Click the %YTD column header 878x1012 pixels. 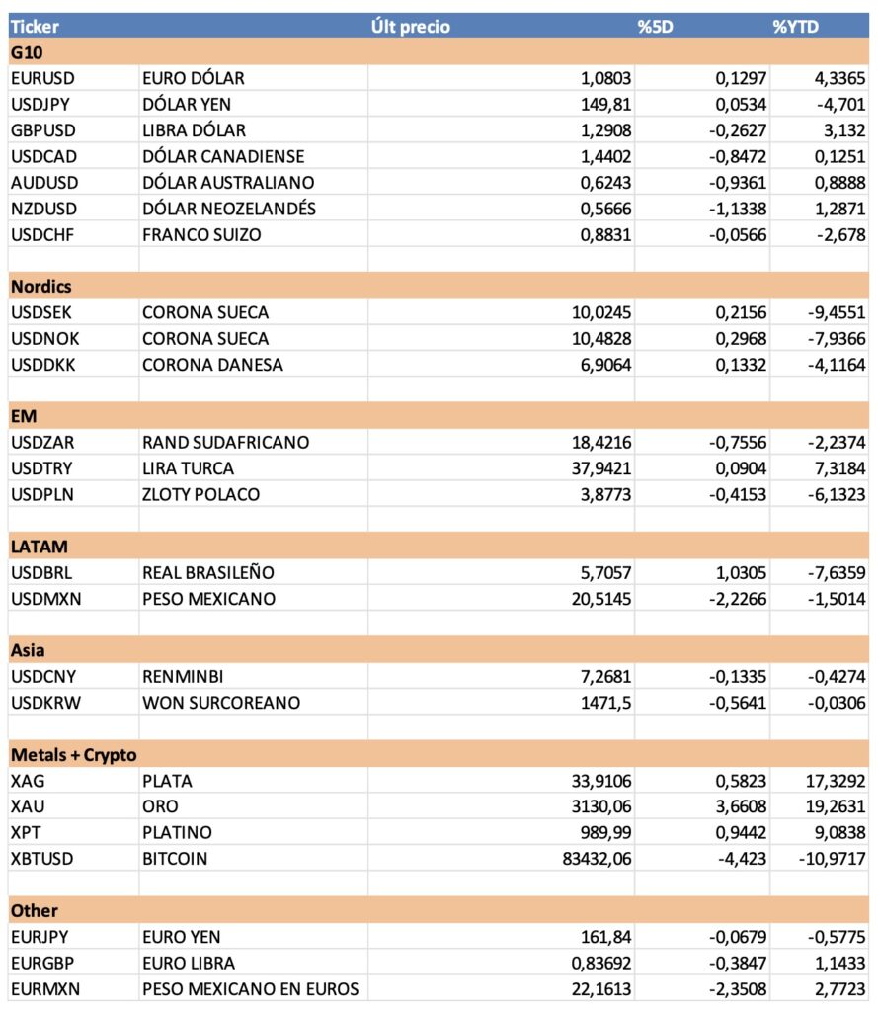[796, 27]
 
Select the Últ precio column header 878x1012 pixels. [410, 27]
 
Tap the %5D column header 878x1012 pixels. [655, 27]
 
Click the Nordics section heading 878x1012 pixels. [41, 287]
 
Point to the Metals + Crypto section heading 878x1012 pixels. [73, 755]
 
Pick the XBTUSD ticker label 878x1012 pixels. [41, 859]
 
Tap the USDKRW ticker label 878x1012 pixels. [43, 703]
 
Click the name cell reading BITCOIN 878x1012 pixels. [175, 859]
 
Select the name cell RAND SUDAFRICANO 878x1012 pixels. [225, 443]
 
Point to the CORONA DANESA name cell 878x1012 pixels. [212, 365]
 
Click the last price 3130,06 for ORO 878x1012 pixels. [598, 806]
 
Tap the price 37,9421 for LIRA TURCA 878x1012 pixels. [598, 468]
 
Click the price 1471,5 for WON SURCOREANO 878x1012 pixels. [603, 703]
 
